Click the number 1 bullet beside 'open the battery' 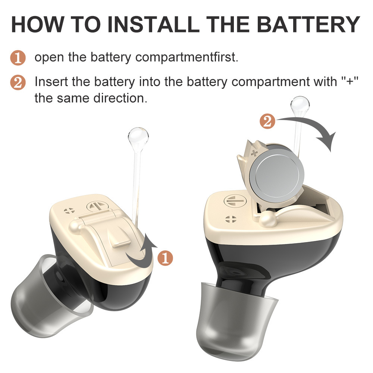click(x=18, y=58)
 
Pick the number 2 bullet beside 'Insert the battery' click(x=18, y=82)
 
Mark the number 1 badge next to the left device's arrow click(x=165, y=258)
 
